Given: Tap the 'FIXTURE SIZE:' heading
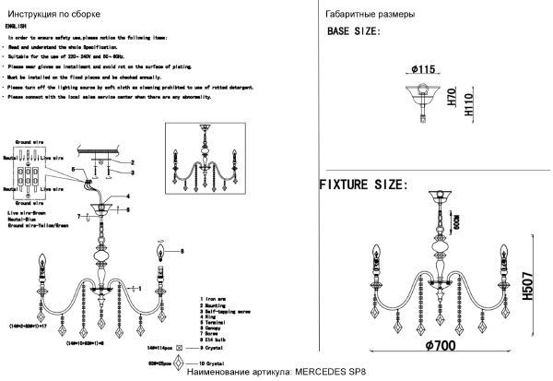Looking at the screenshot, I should [363, 185].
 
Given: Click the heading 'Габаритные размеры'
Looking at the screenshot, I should [370, 16].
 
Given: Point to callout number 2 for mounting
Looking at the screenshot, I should [132, 163].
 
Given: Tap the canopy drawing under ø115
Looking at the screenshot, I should [422, 96].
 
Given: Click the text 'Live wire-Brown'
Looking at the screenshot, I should [28, 213].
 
